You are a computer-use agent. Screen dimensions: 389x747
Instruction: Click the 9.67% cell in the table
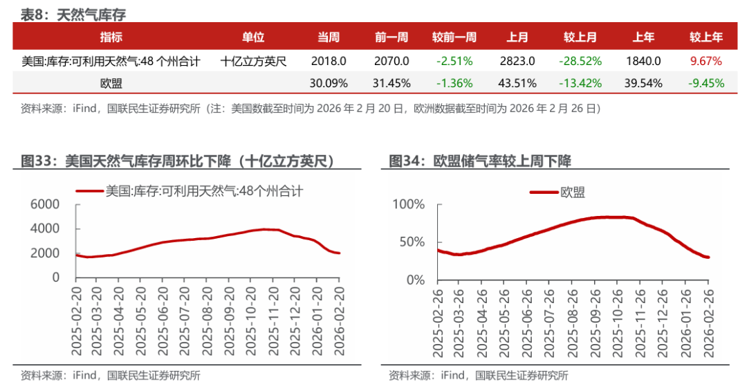pos(705,61)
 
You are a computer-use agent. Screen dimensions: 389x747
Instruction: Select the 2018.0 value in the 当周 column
pos(329,61)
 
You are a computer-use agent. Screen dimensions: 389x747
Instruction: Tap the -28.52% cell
pos(580,61)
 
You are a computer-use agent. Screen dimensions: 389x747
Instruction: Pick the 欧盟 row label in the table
pos(111,83)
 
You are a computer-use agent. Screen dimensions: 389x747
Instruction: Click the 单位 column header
pos(253,37)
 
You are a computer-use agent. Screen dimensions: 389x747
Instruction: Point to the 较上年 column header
pos(705,37)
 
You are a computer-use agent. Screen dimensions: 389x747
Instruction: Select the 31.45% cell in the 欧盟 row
pos(391,83)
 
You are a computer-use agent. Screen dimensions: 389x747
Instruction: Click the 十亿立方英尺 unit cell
pos(254,61)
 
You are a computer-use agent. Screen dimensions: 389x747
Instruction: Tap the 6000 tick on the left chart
pos(46,204)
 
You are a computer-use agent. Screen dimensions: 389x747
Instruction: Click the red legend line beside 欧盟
pos(544,192)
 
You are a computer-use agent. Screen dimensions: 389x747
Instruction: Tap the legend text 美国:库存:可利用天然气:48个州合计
pos(203,190)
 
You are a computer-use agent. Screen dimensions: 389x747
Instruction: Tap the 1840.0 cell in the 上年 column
pos(643,61)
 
